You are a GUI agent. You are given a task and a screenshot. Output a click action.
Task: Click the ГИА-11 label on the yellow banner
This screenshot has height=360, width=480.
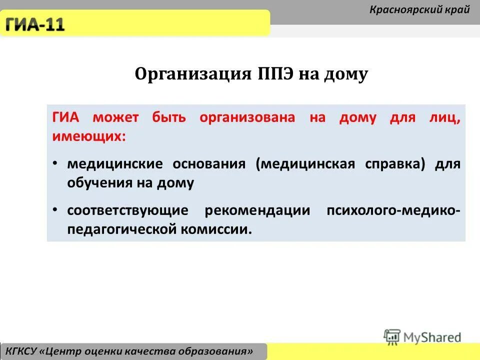pos(35,24)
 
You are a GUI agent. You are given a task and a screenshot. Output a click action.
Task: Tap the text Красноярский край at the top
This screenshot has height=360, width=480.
pos(419,9)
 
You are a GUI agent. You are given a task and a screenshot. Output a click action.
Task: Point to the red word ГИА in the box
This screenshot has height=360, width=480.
pos(66,118)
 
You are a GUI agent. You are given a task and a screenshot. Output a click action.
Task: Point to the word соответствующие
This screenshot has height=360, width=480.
pos(128,210)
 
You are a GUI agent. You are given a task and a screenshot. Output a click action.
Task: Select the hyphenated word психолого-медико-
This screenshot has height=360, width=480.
pos(393,210)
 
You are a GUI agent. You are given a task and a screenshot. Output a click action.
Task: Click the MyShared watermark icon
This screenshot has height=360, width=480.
pos(392,336)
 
